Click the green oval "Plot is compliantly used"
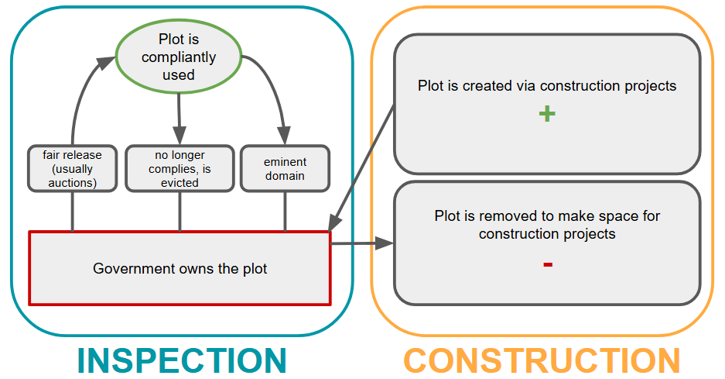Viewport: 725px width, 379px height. click(178, 57)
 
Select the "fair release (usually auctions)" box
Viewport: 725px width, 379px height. click(73, 168)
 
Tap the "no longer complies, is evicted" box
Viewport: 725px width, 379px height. click(180, 168)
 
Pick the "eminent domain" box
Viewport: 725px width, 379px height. click(286, 168)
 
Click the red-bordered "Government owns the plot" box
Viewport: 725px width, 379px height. click(180, 268)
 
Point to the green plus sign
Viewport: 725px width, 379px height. click(547, 114)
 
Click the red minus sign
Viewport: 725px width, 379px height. click(547, 265)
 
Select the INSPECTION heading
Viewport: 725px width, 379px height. click(182, 360)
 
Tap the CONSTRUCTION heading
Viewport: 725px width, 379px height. click(542, 360)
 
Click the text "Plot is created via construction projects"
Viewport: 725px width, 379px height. click(547, 86)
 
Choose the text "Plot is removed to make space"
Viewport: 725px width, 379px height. click(547, 216)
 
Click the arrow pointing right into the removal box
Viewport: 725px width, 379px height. click(362, 244)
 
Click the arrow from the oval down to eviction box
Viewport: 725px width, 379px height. click(179, 116)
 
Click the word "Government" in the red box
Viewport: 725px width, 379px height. click(131, 269)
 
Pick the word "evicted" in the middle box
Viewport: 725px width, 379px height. click(180, 182)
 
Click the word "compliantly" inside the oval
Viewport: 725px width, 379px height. click(179, 57)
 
